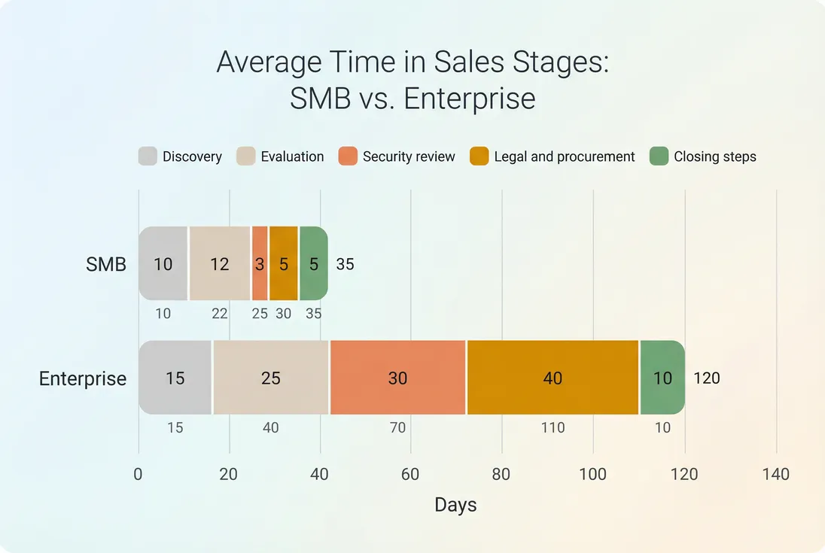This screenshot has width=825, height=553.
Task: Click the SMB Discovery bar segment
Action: (x=163, y=263)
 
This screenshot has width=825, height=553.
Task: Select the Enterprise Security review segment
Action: (x=397, y=377)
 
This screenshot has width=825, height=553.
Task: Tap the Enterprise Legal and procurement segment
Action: (x=553, y=377)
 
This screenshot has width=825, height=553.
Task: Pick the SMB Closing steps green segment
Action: (x=313, y=263)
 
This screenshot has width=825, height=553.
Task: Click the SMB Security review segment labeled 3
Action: (x=260, y=263)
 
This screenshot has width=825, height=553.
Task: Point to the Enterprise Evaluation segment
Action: (x=270, y=377)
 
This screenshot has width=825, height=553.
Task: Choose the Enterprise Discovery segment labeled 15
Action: (x=175, y=377)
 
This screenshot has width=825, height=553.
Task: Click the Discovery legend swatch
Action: (x=148, y=156)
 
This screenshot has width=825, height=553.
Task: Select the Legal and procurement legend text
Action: (x=564, y=156)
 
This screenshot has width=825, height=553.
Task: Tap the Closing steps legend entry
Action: (x=714, y=156)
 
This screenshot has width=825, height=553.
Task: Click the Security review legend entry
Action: (x=409, y=156)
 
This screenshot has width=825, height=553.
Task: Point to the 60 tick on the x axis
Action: (x=410, y=474)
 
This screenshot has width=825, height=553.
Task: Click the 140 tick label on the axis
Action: (x=775, y=474)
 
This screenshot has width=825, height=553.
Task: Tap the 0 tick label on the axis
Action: (x=139, y=474)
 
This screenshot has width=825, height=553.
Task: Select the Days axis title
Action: (x=455, y=505)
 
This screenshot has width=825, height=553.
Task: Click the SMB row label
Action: (x=105, y=264)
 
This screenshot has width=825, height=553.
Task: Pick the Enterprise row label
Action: (x=83, y=378)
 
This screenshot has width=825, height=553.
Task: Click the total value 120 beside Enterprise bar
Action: (x=707, y=378)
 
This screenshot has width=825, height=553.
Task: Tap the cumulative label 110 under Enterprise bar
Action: (x=553, y=427)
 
